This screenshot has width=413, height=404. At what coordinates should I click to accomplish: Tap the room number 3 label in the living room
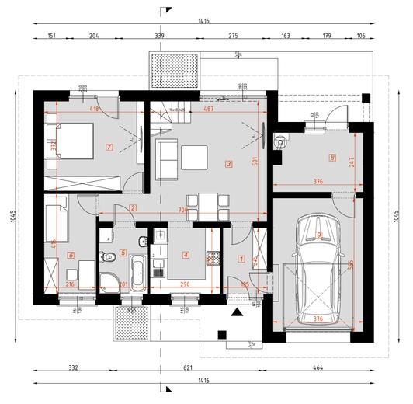click(228, 163)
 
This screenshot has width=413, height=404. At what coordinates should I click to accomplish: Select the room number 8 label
click(332, 158)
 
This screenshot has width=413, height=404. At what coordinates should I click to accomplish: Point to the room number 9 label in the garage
click(319, 235)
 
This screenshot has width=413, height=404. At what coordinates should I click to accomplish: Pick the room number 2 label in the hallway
click(134, 207)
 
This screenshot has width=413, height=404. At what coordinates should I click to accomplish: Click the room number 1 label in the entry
click(241, 258)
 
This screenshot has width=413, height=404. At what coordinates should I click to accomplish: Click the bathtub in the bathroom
click(137, 271)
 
